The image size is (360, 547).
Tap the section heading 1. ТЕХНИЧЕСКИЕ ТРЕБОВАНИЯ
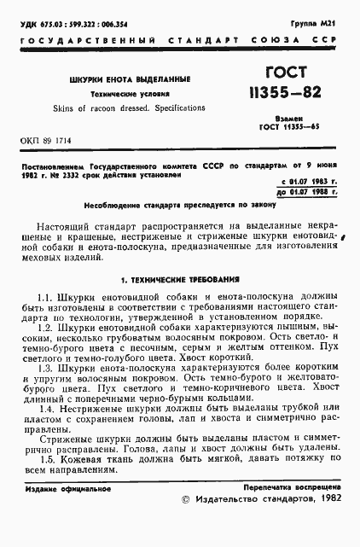[x=180, y=278]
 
